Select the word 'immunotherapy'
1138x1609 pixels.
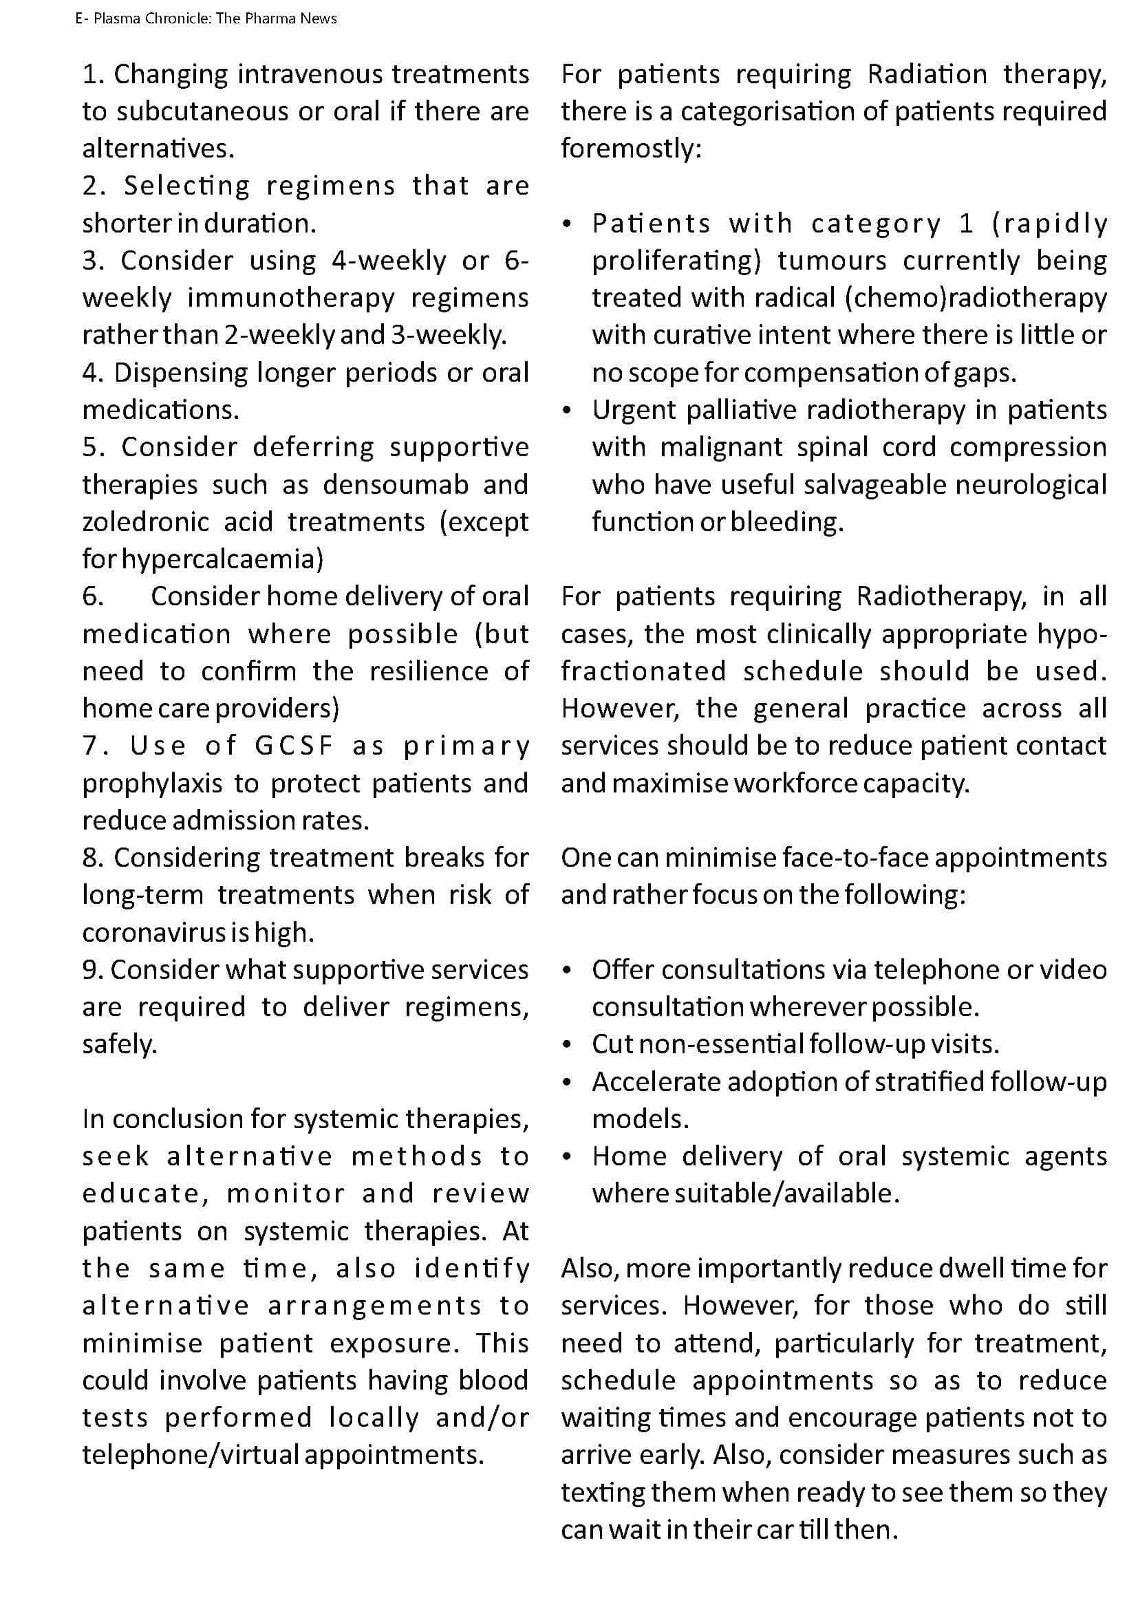(x=291, y=298)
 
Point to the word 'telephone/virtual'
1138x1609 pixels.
(x=189, y=1456)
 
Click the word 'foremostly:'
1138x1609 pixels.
(x=631, y=149)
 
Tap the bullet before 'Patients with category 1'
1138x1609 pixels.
(x=567, y=224)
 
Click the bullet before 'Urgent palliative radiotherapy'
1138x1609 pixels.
(x=567, y=411)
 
